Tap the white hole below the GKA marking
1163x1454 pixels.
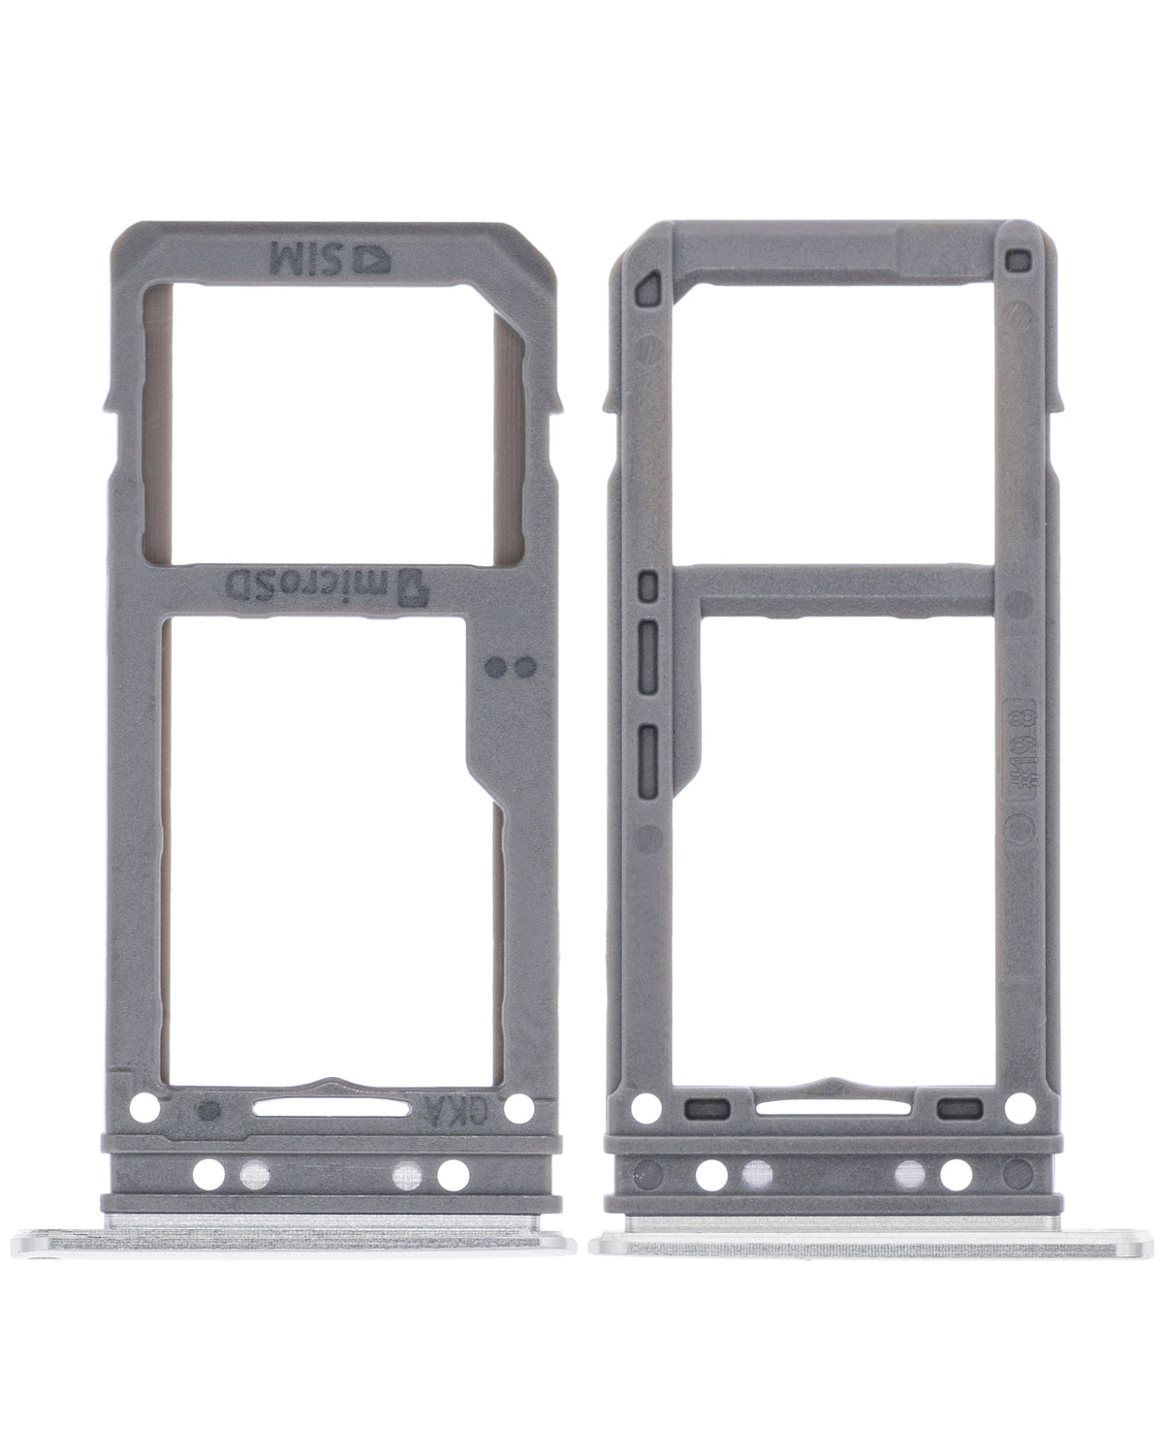(x=452, y=1176)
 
